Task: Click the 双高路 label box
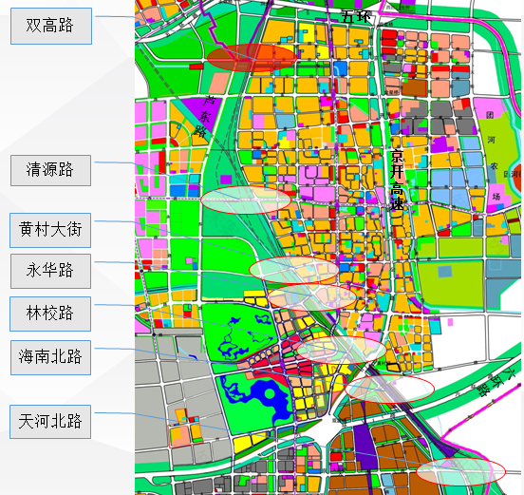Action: click(x=50, y=26)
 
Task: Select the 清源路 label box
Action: click(x=50, y=171)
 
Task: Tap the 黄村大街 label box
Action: click(x=50, y=230)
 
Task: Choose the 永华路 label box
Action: click(x=50, y=271)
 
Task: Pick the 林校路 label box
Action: click(x=50, y=314)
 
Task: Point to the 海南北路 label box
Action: click(x=50, y=357)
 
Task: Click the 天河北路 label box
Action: click(x=50, y=421)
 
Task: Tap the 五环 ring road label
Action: click(x=356, y=16)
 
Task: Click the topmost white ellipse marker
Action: click(x=246, y=200)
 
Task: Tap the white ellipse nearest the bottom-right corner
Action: click(x=461, y=470)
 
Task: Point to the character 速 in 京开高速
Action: click(x=398, y=204)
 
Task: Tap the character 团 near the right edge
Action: click(x=490, y=114)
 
